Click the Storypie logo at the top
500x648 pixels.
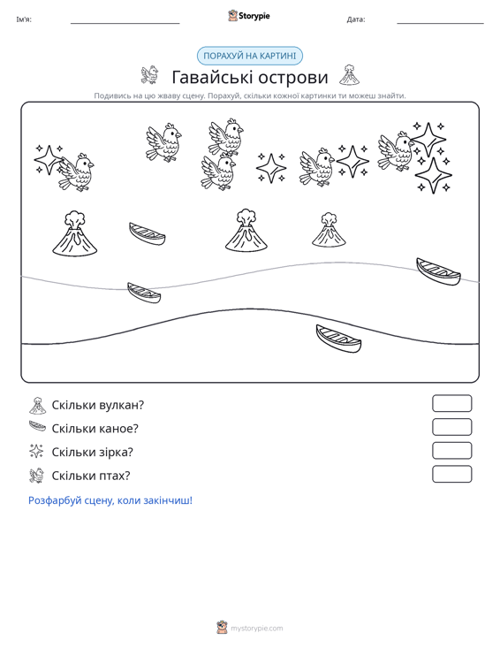[x=249, y=16]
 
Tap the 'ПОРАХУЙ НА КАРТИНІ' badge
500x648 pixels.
[x=250, y=56]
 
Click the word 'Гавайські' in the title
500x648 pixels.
[x=208, y=77]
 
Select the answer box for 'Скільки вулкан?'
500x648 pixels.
[x=451, y=403]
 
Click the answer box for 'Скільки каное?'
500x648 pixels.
[x=451, y=427]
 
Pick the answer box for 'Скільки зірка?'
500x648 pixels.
[x=451, y=451]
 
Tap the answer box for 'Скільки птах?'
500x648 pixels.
[x=451, y=474]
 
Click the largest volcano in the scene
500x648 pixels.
[x=75, y=234]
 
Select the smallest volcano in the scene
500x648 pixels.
[x=329, y=230]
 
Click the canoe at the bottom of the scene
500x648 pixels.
[x=338, y=339]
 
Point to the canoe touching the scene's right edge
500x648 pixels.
[x=438, y=272]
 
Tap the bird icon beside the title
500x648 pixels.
[x=149, y=75]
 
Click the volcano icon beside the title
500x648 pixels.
[x=349, y=75]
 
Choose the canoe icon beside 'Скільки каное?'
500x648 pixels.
[x=37, y=426]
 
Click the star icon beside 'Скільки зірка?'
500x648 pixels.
[x=36, y=451]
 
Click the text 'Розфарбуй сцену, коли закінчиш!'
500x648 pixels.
[x=110, y=500]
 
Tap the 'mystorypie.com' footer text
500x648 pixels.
[x=256, y=629]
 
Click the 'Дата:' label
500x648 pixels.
[x=356, y=19]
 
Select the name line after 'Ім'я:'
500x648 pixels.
[x=125, y=24]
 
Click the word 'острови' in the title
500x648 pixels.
[x=292, y=78]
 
